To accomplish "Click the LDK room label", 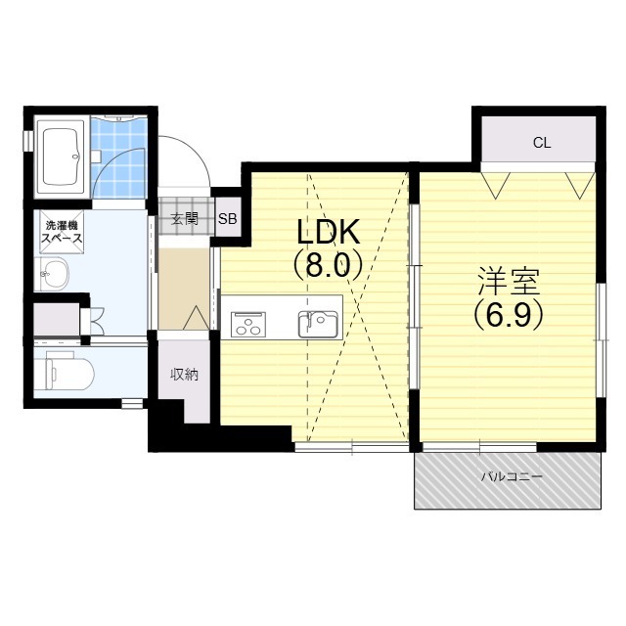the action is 329,232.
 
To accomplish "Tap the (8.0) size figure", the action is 329,265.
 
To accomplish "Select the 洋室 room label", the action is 509,282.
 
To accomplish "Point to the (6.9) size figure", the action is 509,314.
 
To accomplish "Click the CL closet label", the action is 542,143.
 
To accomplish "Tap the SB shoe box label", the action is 228,219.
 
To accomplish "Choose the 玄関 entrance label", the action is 185,219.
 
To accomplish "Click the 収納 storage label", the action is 185,375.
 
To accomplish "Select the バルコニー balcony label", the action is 512,476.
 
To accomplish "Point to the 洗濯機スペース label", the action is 62,232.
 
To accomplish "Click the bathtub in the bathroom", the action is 61,156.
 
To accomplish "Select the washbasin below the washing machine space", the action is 52,273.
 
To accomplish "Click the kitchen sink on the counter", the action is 318,324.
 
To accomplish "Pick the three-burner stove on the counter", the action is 248,324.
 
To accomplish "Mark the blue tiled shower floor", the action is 118,156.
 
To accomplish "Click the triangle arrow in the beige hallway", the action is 196,318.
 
